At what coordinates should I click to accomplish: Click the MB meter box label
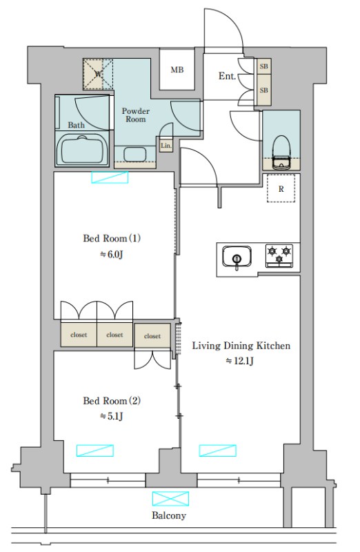[177, 70]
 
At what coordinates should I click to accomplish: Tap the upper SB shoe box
[263, 66]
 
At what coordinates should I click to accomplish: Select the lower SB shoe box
[263, 90]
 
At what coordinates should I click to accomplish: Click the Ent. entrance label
[227, 76]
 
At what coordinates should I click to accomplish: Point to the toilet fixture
[281, 151]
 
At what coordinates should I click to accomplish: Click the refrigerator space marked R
[281, 188]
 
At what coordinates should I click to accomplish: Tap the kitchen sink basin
[237, 256]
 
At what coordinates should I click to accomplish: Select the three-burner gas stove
[279, 255]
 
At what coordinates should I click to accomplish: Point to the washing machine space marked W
[98, 74]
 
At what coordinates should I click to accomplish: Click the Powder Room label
[135, 115]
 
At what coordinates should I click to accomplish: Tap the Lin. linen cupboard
[166, 146]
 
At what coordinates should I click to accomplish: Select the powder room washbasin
[134, 154]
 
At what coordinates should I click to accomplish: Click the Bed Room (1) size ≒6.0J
[112, 254]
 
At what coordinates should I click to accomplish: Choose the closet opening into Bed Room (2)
[152, 336]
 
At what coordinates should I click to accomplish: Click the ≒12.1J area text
[239, 361]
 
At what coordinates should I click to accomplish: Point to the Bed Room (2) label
[112, 401]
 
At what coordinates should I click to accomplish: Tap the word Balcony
[169, 515]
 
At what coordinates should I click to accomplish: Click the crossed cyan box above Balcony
[170, 498]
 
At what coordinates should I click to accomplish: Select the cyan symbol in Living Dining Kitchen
[218, 451]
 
